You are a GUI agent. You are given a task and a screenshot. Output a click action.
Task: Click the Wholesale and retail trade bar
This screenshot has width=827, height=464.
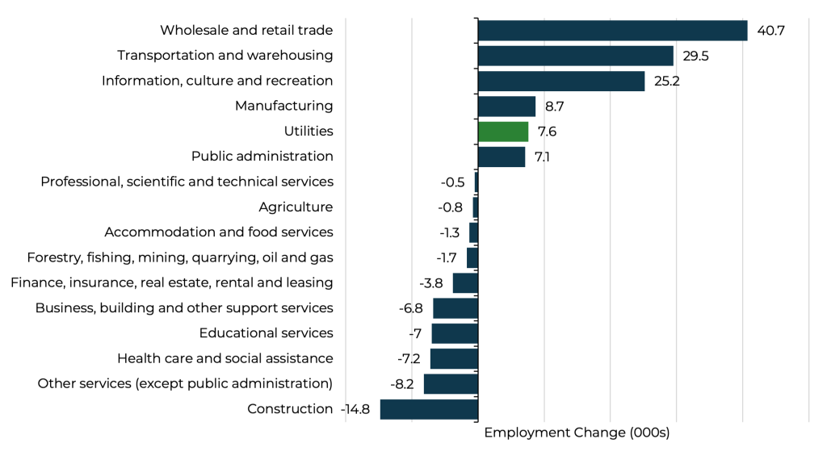pos(612,31)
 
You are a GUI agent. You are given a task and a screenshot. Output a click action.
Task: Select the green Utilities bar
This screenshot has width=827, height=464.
pos(503,132)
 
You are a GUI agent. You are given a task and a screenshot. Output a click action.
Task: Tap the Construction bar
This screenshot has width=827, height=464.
pos(429,409)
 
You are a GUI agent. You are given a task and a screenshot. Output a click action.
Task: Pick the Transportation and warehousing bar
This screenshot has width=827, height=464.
pos(575,56)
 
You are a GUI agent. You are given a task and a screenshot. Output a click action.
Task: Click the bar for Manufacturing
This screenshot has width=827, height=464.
pos(506,107)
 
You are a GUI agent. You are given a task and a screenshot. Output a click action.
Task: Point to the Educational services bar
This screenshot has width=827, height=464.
pos(455,333)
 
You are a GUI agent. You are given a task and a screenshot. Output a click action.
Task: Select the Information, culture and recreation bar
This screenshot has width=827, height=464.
pos(561,81)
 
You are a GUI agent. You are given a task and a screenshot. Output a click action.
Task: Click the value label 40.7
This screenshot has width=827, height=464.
pos(771,31)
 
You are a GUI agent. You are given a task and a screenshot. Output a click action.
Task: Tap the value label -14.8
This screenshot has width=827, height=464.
pos(355,409)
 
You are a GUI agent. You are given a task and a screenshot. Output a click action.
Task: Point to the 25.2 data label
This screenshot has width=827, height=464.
pos(668,81)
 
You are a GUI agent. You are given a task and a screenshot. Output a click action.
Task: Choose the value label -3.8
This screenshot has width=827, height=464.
pos(431,282)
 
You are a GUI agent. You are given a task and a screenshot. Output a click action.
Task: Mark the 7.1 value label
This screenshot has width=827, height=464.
pos(542,157)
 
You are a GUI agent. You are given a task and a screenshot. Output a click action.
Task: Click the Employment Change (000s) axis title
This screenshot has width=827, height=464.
pos(577,433)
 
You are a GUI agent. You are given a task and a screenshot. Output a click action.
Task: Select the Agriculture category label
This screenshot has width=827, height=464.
pos(296,207)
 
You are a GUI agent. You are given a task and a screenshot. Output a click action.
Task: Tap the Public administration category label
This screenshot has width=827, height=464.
pos(262,157)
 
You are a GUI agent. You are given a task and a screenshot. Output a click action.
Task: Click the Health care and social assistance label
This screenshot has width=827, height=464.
pos(225,358)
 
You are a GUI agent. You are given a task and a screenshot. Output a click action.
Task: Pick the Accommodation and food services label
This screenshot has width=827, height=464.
pos(218,232)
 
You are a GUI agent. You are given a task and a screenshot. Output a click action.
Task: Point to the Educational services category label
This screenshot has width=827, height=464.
pos(266,333)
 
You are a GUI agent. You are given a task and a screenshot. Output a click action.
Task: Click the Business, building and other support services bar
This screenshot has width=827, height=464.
pos(455,308)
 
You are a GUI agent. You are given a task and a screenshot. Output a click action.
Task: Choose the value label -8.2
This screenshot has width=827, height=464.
pos(402,384)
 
